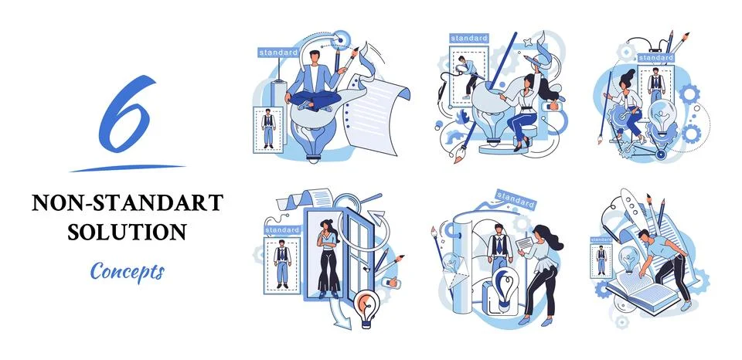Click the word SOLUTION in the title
tap(128, 231)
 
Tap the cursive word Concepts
tap(127, 271)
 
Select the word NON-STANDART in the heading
tap(128, 203)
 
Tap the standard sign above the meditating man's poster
tap(277, 53)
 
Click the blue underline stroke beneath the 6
tap(128, 167)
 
